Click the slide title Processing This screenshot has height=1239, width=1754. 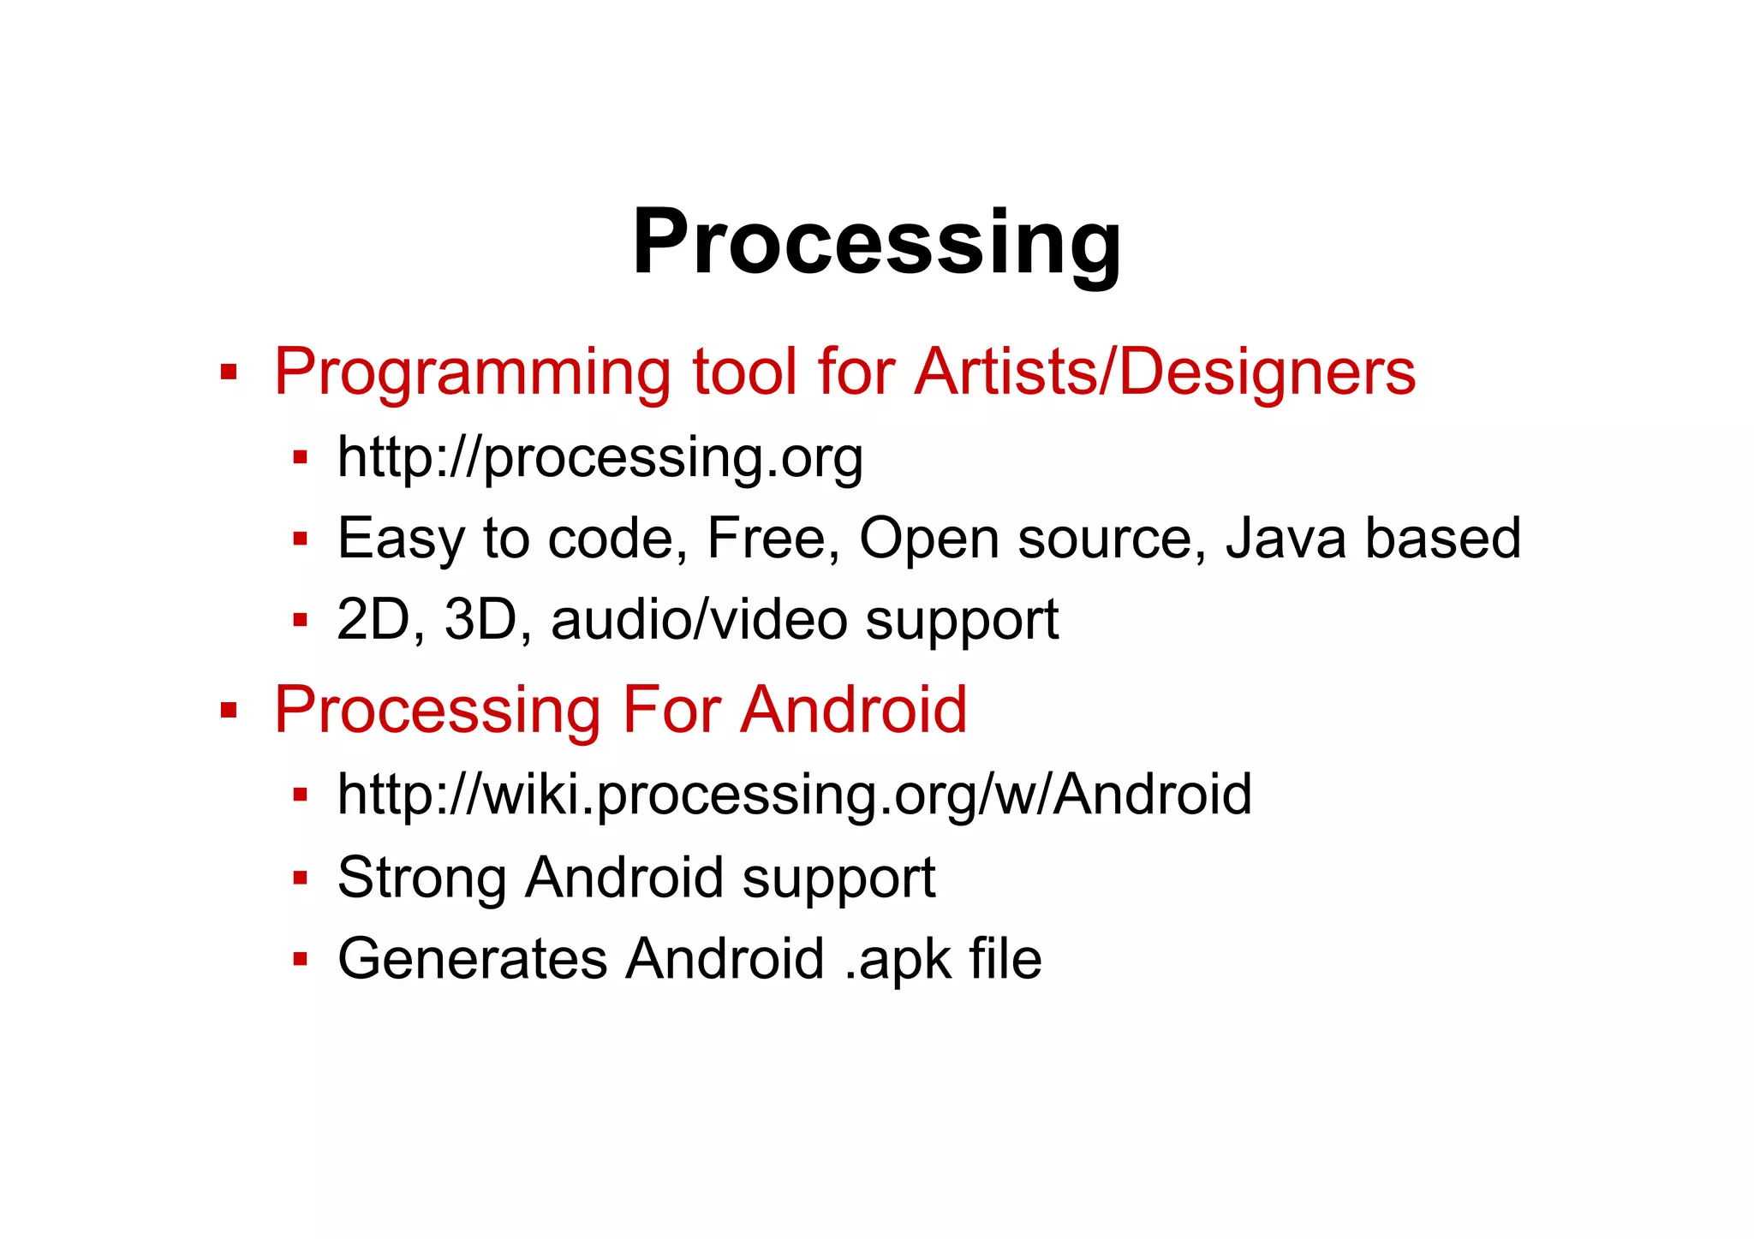pyautogui.click(x=876, y=243)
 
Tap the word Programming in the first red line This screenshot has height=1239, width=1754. pyautogui.click(x=472, y=372)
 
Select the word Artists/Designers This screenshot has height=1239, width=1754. pyautogui.click(x=1165, y=372)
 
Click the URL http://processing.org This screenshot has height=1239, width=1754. pyautogui.click(x=600, y=458)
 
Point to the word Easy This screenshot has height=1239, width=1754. pyautogui.click(x=401, y=539)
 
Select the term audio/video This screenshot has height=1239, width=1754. pyautogui.click(x=699, y=620)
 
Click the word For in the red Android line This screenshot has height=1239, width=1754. pyautogui.click(x=670, y=711)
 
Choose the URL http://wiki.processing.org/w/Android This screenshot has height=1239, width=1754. pyautogui.click(x=794, y=795)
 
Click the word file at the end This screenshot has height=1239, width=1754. pyautogui.click(x=1005, y=959)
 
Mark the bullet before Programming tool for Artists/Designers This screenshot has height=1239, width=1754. pyautogui.click(x=228, y=372)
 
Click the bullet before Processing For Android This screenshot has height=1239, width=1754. pyautogui.click(x=228, y=711)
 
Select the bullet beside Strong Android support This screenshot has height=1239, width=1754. pyautogui.click(x=300, y=878)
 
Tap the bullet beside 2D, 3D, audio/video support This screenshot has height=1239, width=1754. pyautogui.click(x=300, y=620)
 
